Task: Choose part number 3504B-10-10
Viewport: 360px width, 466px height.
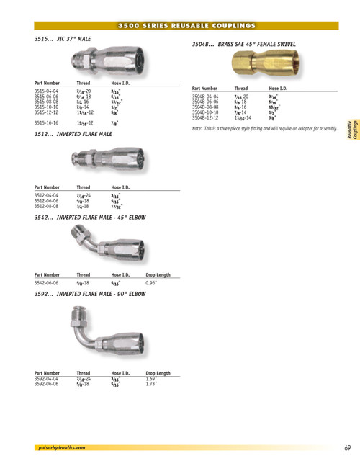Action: click(206, 112)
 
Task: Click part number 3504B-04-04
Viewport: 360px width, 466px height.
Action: click(206, 95)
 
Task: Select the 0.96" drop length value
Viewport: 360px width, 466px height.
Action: click(151, 284)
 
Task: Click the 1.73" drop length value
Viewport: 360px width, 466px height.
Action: click(151, 383)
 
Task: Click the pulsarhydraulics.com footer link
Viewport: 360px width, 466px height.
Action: click(61, 447)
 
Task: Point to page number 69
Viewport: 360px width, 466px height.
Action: click(347, 447)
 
